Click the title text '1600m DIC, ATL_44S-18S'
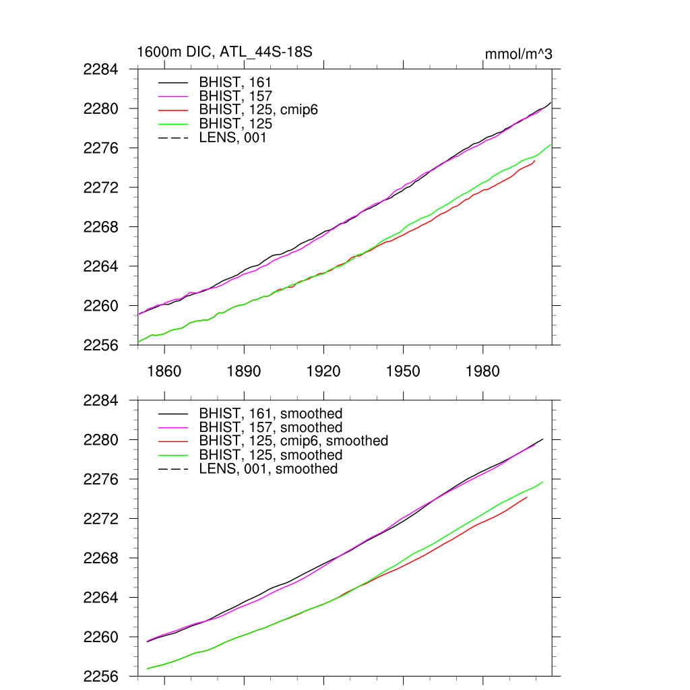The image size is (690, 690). (x=224, y=52)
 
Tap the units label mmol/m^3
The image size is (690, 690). (x=518, y=54)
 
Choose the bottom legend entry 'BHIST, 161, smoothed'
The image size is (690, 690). (x=271, y=413)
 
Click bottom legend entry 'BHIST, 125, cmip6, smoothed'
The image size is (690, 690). (x=294, y=441)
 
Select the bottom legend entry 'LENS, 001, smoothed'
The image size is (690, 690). (x=268, y=468)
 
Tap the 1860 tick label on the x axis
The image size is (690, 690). (x=164, y=372)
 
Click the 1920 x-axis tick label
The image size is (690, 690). (x=323, y=372)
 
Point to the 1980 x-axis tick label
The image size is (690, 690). (x=482, y=372)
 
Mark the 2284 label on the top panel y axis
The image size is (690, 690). (x=101, y=69)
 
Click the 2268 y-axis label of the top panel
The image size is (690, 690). (x=101, y=227)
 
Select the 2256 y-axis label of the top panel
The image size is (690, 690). (x=101, y=345)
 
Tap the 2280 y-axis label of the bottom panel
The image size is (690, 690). (x=101, y=440)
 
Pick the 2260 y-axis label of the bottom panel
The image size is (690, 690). (x=101, y=637)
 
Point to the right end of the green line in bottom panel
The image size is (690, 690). (x=542, y=482)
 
